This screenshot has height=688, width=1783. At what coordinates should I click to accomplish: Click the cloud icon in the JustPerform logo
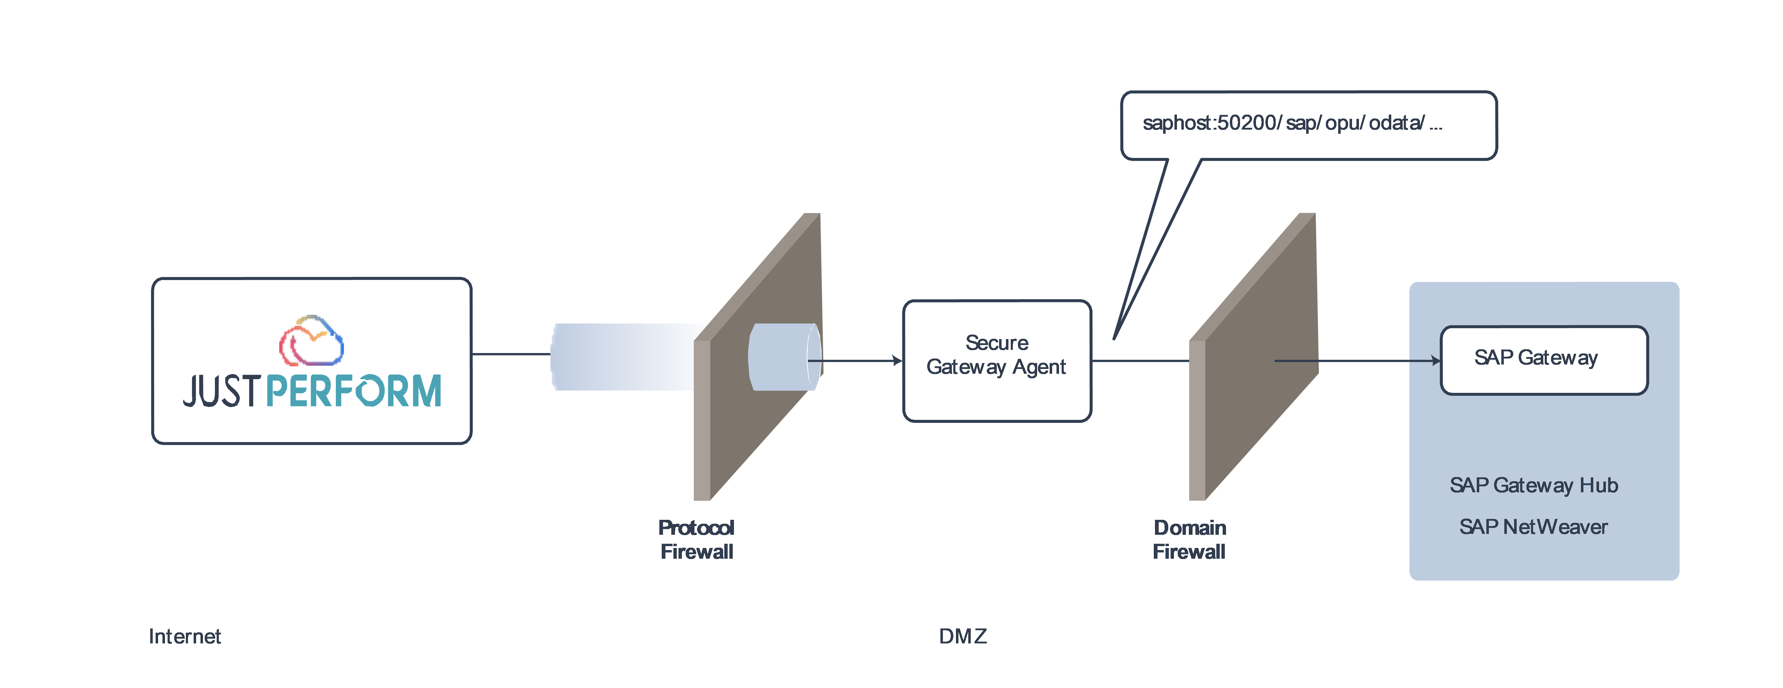pyautogui.click(x=312, y=341)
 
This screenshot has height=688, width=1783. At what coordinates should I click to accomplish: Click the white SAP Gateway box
pyautogui.click(x=1544, y=360)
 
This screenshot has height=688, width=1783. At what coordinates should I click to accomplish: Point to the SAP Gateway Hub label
pyautogui.click(x=1533, y=485)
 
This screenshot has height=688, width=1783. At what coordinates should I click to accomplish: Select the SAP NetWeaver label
pyautogui.click(x=1533, y=527)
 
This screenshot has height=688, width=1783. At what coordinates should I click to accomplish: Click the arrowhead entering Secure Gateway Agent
pyautogui.click(x=898, y=361)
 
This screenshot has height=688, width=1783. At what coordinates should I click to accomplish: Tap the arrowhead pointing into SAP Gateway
pyautogui.click(x=1435, y=361)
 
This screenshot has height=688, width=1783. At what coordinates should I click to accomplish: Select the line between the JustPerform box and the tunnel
pyautogui.click(x=511, y=354)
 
